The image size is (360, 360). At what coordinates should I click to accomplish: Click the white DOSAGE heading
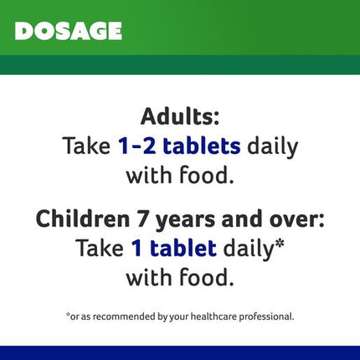[x=69, y=31]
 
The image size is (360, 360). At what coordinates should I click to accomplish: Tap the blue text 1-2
[x=136, y=147]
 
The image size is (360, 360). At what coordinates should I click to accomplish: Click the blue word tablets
[x=202, y=146]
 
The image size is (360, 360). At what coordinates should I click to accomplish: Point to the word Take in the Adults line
[x=86, y=146]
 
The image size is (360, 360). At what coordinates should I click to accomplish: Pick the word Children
[x=83, y=219]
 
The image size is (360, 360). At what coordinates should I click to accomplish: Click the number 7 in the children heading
[x=142, y=219]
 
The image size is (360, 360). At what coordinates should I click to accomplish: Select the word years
[x=185, y=221]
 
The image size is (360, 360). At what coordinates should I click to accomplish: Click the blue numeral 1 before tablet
[x=136, y=248]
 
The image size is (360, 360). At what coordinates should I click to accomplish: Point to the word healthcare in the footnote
[x=213, y=316]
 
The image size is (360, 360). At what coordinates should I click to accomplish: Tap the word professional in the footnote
[x=265, y=316]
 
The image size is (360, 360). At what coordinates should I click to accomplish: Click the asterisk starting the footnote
[x=68, y=315]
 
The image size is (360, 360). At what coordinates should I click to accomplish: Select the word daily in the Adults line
[x=273, y=147]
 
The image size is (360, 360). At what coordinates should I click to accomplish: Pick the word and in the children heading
[x=242, y=219]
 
